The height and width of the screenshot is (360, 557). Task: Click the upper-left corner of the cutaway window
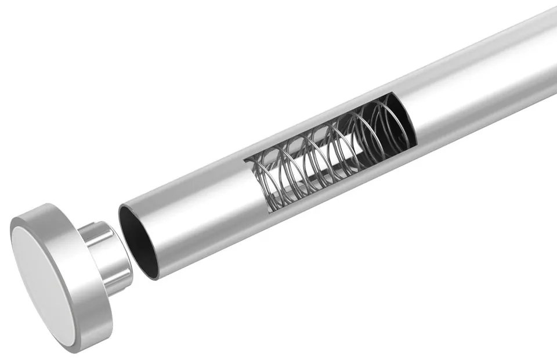pyautogui.click(x=245, y=158)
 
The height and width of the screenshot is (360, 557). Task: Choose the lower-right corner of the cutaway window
pyautogui.click(x=417, y=142)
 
